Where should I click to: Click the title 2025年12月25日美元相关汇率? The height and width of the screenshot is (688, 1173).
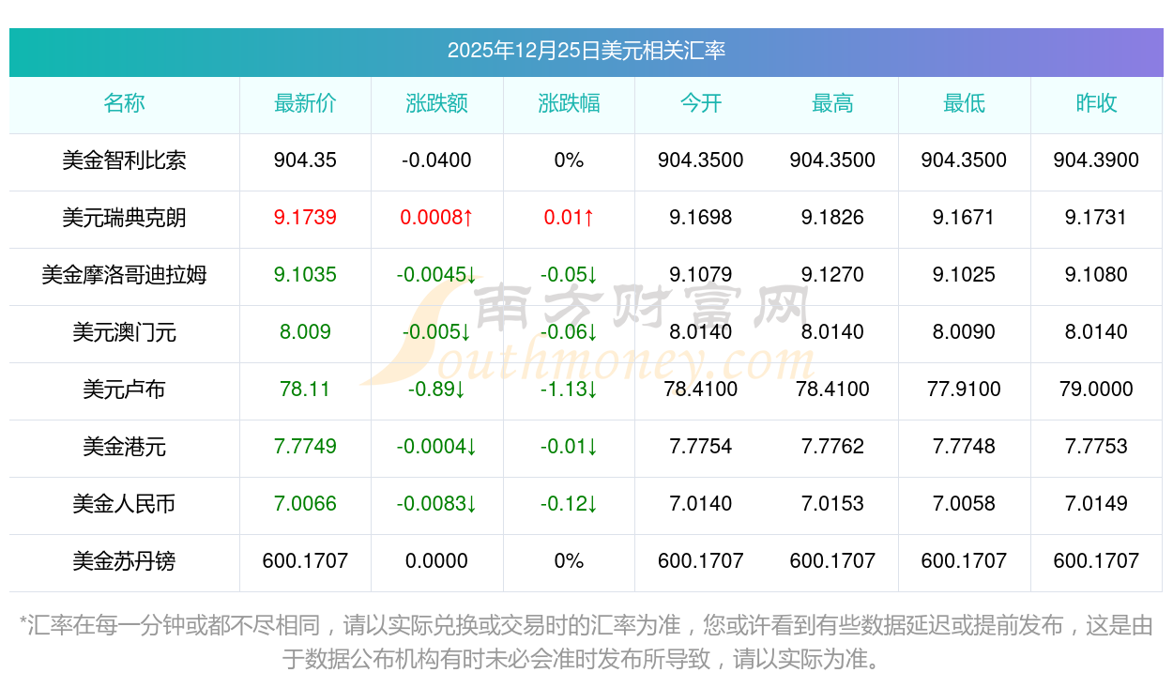pyautogui.click(x=586, y=51)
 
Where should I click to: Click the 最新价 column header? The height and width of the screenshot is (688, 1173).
pyautogui.click(x=305, y=103)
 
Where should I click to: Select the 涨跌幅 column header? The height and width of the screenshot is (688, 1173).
pyautogui.click(x=569, y=103)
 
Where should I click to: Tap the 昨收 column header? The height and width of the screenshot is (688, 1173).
pyautogui.click(x=1096, y=103)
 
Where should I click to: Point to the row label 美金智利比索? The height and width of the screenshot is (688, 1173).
pyautogui.click(x=124, y=161)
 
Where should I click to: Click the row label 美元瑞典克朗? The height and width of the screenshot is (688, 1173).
pyautogui.click(x=124, y=218)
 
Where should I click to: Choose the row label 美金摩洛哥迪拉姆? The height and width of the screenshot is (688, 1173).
pyautogui.click(x=124, y=275)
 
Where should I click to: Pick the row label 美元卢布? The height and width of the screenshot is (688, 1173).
pyautogui.click(x=124, y=390)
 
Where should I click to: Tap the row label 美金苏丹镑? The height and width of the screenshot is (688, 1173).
pyautogui.click(x=124, y=561)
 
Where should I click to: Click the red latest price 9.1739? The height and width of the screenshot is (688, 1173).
pyautogui.click(x=305, y=218)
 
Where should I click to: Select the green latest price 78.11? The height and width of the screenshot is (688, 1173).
pyautogui.click(x=305, y=390)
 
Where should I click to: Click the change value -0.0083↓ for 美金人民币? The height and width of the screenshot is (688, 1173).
pyautogui.click(x=436, y=504)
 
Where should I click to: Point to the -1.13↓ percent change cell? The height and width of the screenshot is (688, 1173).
pyautogui.click(x=569, y=390)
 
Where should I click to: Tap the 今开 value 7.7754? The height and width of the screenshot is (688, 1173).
pyautogui.click(x=701, y=447)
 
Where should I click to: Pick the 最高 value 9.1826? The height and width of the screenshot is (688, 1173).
pyautogui.click(x=832, y=218)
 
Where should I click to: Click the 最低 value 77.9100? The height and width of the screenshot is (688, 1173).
pyautogui.click(x=964, y=390)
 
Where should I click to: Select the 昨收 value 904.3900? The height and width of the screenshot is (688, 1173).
pyautogui.click(x=1096, y=161)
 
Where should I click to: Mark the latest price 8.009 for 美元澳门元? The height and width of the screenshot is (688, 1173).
pyautogui.click(x=305, y=332)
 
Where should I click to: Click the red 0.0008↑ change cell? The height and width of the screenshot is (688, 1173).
pyautogui.click(x=436, y=218)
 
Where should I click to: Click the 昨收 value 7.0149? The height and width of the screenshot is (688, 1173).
pyautogui.click(x=1096, y=504)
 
